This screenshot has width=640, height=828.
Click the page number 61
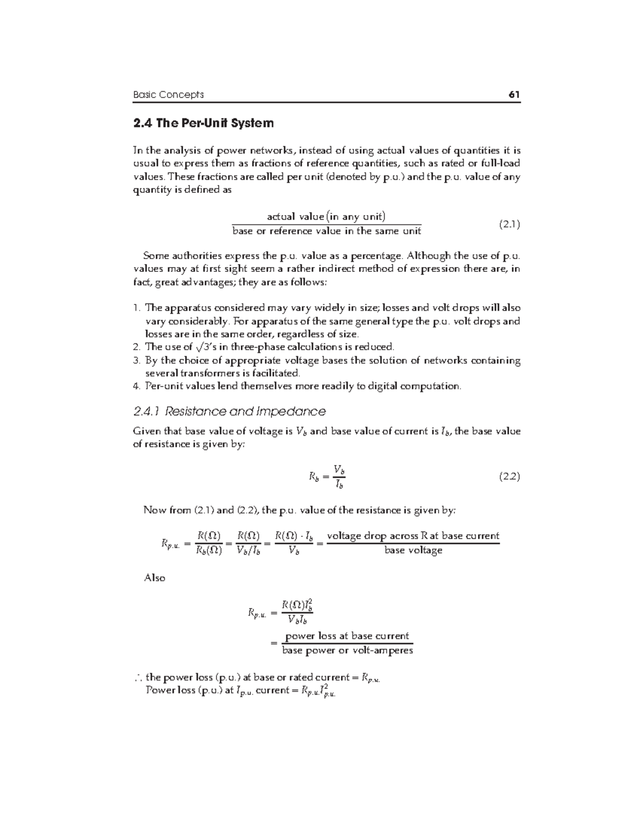click(x=514, y=95)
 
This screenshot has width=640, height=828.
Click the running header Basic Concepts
click(x=168, y=95)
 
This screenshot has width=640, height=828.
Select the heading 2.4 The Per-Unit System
click(x=203, y=123)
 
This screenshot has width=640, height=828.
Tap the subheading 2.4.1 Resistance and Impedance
click(x=229, y=412)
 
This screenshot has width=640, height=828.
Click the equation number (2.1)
click(x=509, y=224)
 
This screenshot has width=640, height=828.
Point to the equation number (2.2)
click(x=509, y=477)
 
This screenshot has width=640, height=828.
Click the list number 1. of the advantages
click(x=137, y=308)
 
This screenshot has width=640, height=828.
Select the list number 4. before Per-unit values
click(x=137, y=386)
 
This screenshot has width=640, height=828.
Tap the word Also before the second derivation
click(x=155, y=578)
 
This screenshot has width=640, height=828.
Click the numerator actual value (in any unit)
click(x=326, y=216)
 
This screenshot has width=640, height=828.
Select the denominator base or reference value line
click(x=326, y=231)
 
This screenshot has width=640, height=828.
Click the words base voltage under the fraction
click(x=413, y=551)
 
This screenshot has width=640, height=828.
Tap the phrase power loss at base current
click(x=347, y=636)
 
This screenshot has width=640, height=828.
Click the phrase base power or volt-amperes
click(x=347, y=650)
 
